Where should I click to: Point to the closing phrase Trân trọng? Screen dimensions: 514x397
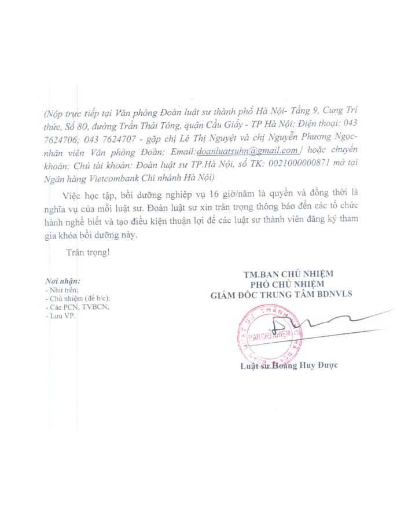click(88, 252)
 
